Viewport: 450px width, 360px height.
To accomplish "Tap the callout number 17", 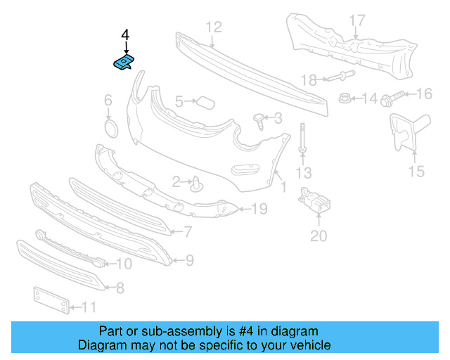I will (357, 20).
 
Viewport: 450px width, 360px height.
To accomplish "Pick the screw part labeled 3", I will (260, 122).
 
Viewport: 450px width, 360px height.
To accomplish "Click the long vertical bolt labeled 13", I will (302, 141).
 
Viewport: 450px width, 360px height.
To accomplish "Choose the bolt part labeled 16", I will (395, 94).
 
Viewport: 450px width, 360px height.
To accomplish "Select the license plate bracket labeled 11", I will (51, 300).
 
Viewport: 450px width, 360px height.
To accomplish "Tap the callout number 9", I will (189, 261).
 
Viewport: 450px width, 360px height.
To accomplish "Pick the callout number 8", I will (120, 287).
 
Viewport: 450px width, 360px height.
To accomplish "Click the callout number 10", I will (124, 264).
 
